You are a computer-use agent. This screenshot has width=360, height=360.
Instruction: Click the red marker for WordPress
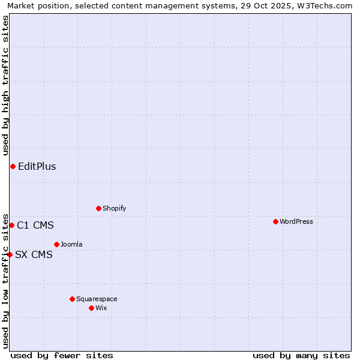point(275,221)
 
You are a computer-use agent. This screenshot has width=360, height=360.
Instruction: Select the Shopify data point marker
point(98,208)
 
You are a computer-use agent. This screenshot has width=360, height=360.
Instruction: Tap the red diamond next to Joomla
point(56,244)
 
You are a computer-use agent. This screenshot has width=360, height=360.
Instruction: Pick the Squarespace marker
point(72,299)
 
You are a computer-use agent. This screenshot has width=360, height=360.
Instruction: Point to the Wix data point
point(91,308)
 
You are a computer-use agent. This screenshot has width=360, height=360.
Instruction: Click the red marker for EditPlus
point(13,166)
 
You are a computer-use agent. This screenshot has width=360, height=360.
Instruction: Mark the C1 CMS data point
point(11,225)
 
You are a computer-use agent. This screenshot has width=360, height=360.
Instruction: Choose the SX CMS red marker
point(10,254)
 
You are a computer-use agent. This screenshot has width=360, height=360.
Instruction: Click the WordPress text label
point(296,221)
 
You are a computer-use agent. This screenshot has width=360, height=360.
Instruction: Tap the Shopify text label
point(114,208)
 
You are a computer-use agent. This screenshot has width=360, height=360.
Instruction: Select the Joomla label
point(71,244)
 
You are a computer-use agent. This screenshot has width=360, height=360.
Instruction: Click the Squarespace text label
point(97,299)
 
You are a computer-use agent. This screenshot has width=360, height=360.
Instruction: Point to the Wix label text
point(101,308)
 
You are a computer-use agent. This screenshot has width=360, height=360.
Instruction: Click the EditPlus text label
point(37,166)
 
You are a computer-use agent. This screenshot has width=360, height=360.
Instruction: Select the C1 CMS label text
point(35,225)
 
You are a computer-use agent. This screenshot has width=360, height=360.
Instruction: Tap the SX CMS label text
point(34,254)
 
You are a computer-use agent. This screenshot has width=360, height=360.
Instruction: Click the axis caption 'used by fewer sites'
point(62,355)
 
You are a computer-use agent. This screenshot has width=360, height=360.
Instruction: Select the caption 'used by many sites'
point(301,355)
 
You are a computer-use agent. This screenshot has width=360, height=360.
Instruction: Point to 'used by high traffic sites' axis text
point(5,85)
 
